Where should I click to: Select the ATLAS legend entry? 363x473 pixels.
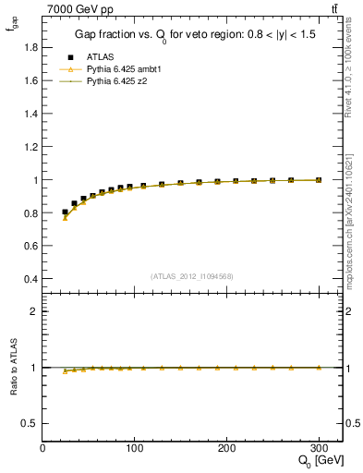(x=102, y=56)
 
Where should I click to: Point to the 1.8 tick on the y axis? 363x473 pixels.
(x=30, y=47)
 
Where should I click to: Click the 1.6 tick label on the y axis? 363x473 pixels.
(x=30, y=80)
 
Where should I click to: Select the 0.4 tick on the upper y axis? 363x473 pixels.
(x=30, y=279)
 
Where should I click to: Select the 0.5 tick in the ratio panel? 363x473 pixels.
(x=30, y=423)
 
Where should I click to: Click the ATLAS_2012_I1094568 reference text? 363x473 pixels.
(x=192, y=276)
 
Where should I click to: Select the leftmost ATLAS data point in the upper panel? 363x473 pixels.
(x=65, y=212)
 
